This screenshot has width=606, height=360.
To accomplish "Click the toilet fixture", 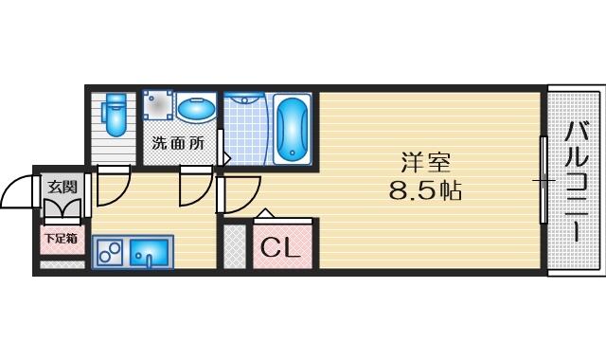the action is pos(116,115).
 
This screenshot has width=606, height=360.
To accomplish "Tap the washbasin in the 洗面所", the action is pos(196,108).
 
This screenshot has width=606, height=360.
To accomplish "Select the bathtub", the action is pos(293,129).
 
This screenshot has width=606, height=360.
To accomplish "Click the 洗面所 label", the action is pos(178,143).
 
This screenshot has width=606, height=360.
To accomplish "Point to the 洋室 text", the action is pos(425,162).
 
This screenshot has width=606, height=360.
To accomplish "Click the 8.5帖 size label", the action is pos(425,189).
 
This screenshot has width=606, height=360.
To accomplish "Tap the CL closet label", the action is pos(280,247).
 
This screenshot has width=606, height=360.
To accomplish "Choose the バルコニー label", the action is pos(577,182).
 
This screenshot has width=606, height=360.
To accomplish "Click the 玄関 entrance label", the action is pos(62,188).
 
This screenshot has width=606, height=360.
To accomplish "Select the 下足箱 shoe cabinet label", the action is pos(61,238).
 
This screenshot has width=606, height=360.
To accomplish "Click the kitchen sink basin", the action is pos(150,253).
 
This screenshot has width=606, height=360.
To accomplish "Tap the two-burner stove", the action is pos(110,253).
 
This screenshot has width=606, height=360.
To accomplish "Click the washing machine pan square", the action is pos(158,105).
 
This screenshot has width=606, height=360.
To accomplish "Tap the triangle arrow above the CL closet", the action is pos(265,213).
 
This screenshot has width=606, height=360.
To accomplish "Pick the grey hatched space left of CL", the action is pos(235,246).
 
